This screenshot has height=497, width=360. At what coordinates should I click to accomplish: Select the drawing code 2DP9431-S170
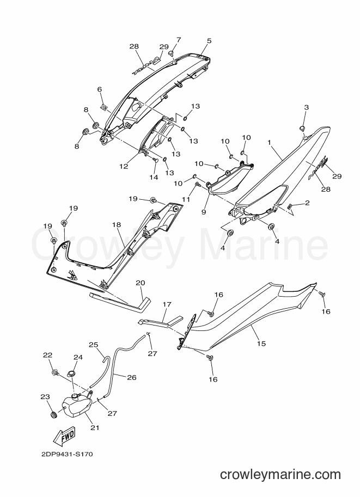pos(67,455)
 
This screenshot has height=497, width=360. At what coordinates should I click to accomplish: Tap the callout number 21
pos(95,428)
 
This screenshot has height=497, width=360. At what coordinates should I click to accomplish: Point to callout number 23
pos(45,396)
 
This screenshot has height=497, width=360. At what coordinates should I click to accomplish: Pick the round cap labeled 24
pos(72,373)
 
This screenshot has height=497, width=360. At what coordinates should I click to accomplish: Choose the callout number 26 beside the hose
pos(132,377)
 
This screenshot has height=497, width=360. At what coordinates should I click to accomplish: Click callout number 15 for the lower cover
pos(261,343)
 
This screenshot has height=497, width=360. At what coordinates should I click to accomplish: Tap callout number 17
pos(167,305)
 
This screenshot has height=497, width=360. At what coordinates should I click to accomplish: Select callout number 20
pos(140,283)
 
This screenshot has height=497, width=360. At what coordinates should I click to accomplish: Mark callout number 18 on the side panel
pos(117,225)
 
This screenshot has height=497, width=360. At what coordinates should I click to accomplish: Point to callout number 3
pos(306,107)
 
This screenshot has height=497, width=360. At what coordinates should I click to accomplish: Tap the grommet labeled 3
pos(303,128)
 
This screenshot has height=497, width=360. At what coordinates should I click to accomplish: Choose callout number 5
pos(209,41)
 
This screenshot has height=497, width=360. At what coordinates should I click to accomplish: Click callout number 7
pos(179,40)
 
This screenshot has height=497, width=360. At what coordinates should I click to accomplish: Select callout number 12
pos(124,166)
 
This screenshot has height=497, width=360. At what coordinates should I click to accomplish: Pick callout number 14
pos(154,177)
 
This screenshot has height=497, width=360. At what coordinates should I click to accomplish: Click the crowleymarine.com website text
pos(280,475)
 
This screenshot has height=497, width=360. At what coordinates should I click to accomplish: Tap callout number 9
pos(203,211)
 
